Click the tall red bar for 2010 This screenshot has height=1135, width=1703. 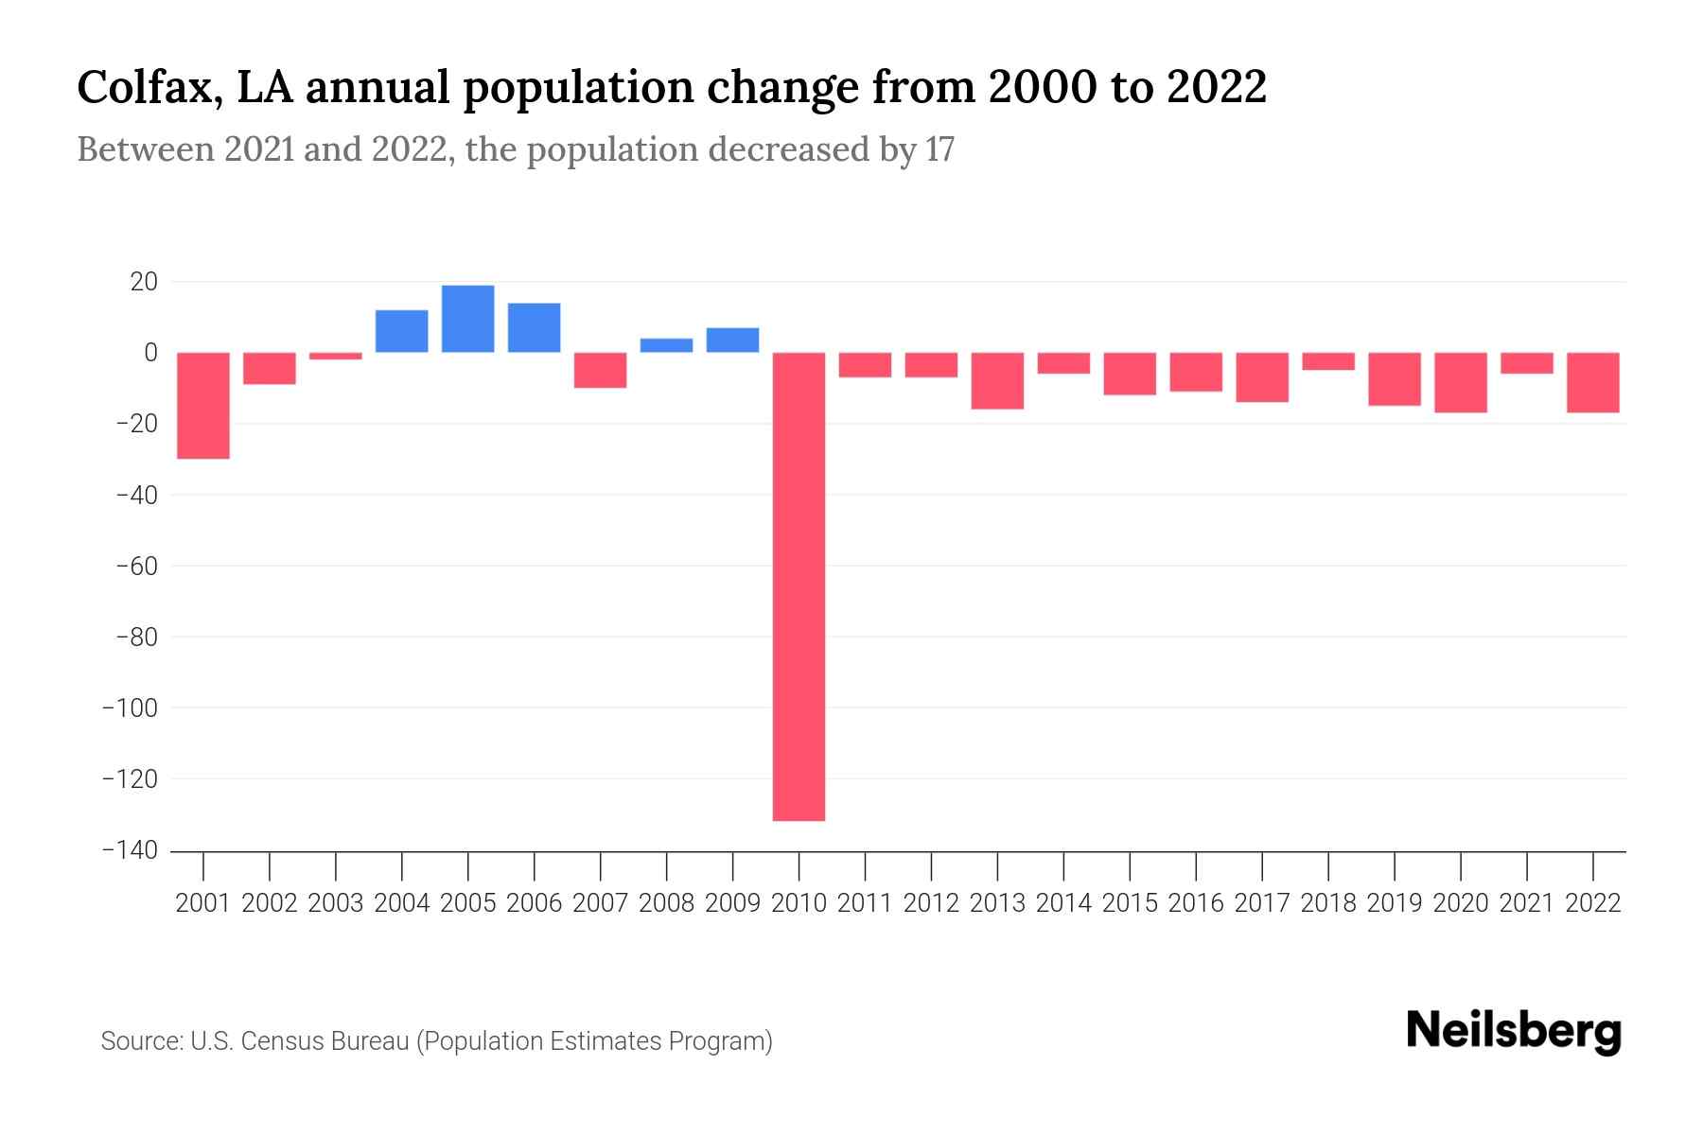coord(799,586)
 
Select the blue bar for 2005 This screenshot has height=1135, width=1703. coord(467,319)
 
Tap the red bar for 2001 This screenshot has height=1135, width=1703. coord(203,406)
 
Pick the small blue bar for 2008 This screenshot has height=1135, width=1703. coord(666,345)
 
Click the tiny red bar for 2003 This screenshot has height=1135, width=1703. coord(336,356)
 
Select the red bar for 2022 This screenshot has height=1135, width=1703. coord(1593,382)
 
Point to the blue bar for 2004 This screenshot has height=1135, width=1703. coord(401,331)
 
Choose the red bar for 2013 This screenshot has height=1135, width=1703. coord(997,380)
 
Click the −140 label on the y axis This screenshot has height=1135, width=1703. coord(130,849)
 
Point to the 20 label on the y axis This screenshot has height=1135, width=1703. coord(144,282)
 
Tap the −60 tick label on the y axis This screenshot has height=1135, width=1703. coord(135,566)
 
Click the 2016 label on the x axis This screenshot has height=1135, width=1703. coord(1196,903)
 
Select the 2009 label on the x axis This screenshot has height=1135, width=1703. coord(732,903)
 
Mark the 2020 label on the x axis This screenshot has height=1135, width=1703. coord(1461,903)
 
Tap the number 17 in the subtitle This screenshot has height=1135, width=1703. coord(939,149)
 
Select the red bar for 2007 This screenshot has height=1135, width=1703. coord(600,370)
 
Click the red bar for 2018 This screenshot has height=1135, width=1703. coord(1328,361)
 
